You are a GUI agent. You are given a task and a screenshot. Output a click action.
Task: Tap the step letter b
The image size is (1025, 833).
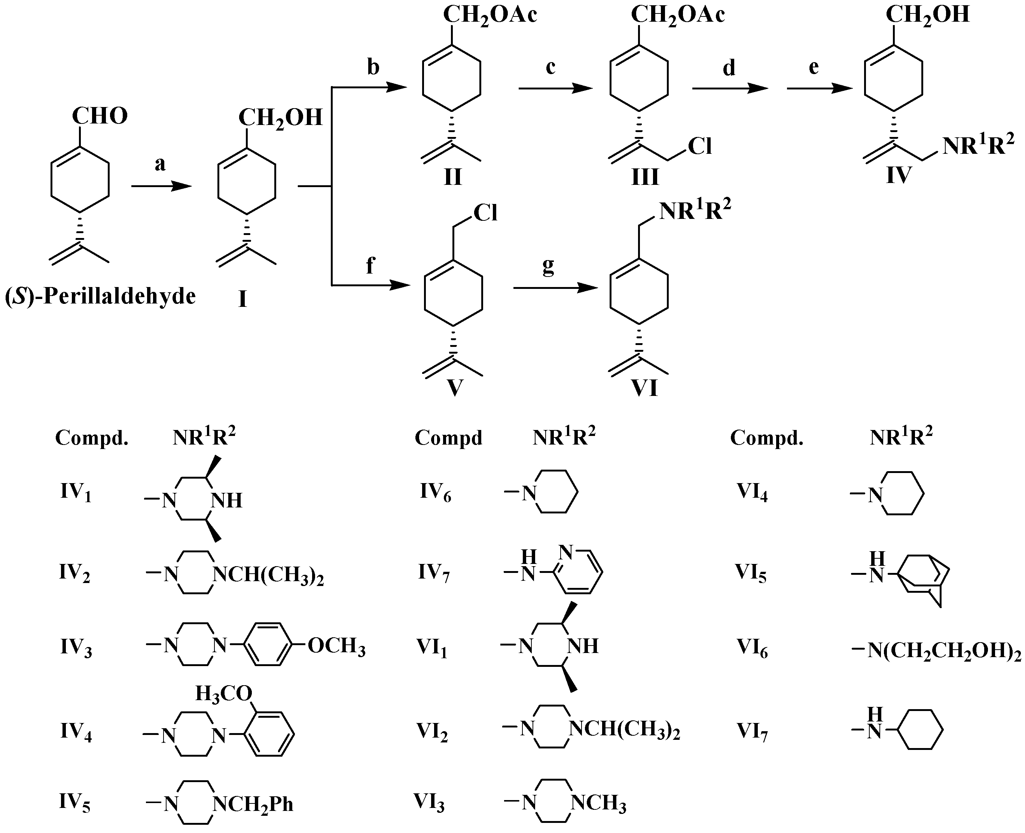click(x=373, y=68)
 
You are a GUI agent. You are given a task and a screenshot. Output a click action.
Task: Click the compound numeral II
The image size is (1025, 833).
click(x=452, y=177)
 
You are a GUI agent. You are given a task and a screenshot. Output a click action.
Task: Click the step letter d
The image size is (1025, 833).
click(x=729, y=68)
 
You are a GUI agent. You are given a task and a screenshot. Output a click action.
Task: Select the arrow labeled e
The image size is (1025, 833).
click(x=820, y=88)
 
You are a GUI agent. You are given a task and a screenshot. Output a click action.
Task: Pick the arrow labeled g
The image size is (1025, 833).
click(x=556, y=288)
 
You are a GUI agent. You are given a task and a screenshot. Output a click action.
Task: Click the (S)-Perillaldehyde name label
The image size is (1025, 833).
click(x=100, y=296)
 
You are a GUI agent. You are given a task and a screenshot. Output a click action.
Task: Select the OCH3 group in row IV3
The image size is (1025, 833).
click(x=336, y=646)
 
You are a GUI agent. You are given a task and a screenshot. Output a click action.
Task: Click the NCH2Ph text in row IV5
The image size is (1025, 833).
click(x=253, y=804)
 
